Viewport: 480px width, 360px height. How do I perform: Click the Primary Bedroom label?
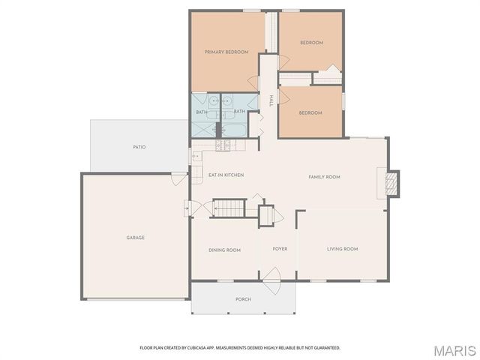pyautogui.click(x=226, y=52)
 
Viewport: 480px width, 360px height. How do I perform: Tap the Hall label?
pyautogui.click(x=271, y=100)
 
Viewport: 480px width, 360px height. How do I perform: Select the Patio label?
pyautogui.click(x=139, y=147)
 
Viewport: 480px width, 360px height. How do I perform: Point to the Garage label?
pyautogui.click(x=135, y=238)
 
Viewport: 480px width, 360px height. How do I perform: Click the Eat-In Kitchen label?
pyautogui.click(x=226, y=175)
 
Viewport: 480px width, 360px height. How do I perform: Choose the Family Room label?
pyautogui.click(x=325, y=177)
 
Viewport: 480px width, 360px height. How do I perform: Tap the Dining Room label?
pyautogui.click(x=224, y=250)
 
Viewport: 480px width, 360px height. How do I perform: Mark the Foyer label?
pyautogui.click(x=280, y=249)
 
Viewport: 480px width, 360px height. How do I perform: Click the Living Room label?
pyautogui.click(x=342, y=249)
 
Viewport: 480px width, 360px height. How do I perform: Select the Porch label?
pyautogui.click(x=243, y=299)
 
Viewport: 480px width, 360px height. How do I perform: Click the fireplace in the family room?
pyautogui.click(x=391, y=183)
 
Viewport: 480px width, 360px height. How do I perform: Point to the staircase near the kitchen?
pyautogui.click(x=229, y=207)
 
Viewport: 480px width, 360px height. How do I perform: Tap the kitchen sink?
pyautogui.click(x=196, y=157)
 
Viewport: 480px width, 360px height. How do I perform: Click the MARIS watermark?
pyautogui.click(x=453, y=349)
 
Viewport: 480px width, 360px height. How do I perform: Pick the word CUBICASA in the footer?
pyautogui.click(x=211, y=348)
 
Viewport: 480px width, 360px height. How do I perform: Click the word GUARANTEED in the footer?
pyautogui.click(x=325, y=348)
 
